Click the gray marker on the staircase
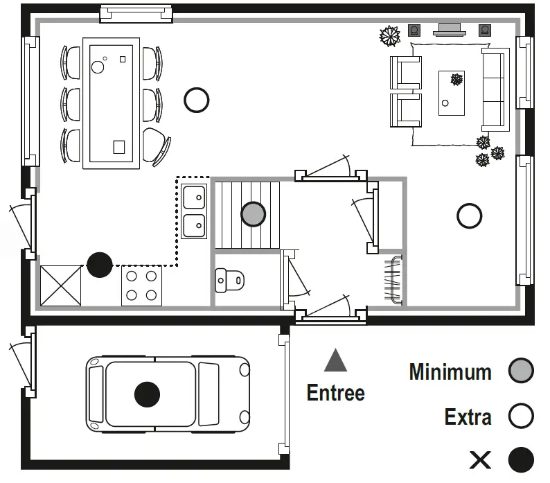(254, 214)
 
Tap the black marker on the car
(147, 394)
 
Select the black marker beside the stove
(99, 265)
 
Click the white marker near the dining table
(197, 100)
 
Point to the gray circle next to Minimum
(521, 371)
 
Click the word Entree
(335, 393)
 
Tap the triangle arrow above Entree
(335, 361)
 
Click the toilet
(230, 281)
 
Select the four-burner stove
(141, 286)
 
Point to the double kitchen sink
(195, 211)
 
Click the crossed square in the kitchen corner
(60, 286)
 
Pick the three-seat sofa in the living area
(495, 89)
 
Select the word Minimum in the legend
(450, 372)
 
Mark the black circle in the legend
(521, 459)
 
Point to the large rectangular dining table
(111, 103)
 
